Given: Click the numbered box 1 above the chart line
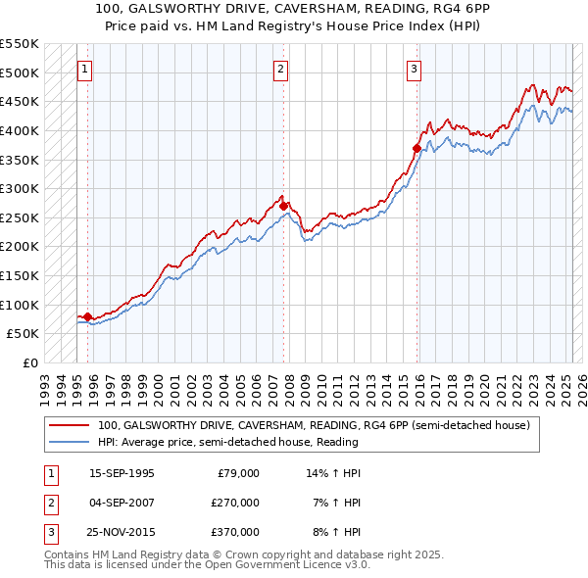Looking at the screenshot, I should pyautogui.click(x=85, y=69).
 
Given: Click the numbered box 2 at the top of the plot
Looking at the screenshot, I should pyautogui.click(x=280, y=69).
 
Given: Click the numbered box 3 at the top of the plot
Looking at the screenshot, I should pyautogui.click(x=415, y=69).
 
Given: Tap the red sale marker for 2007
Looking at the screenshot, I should pyautogui.click(x=283, y=206).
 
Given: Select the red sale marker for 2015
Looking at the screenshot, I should pyautogui.click(x=416, y=148).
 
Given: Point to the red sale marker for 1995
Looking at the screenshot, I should pyautogui.click(x=87, y=316).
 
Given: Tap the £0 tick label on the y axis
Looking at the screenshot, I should pyautogui.click(x=29, y=362).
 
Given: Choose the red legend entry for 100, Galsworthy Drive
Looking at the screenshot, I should pyautogui.click(x=314, y=425).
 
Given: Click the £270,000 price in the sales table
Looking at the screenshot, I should pyautogui.click(x=235, y=503).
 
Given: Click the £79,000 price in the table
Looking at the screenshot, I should pyautogui.click(x=238, y=473).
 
